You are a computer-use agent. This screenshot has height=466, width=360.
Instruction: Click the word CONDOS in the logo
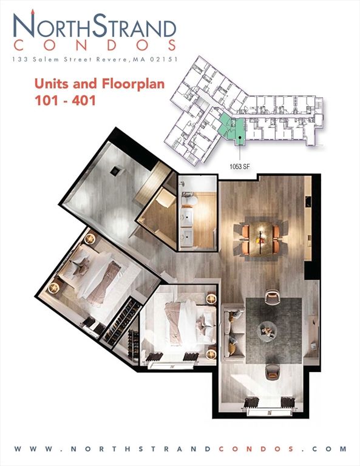click(95, 45)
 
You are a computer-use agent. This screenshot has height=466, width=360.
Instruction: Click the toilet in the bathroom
click(189, 200)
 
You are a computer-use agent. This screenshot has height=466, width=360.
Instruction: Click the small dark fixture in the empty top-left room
click(114, 172)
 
